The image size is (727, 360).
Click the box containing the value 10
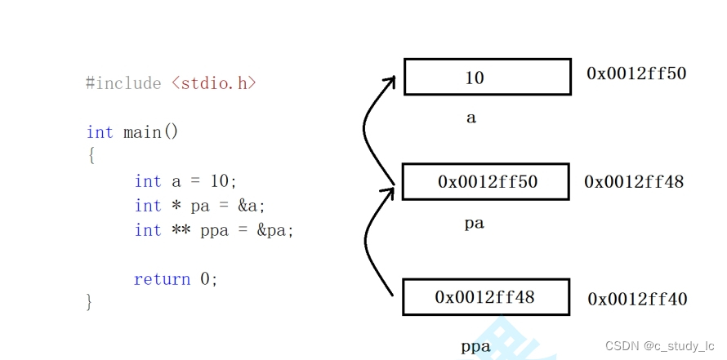coord(487,77)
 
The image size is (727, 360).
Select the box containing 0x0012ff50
coord(487,181)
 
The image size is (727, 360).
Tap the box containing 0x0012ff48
coord(485,297)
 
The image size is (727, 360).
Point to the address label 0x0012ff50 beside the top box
coord(636,73)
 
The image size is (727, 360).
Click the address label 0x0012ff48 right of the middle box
coord(634,181)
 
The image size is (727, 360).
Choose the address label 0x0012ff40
coord(637,300)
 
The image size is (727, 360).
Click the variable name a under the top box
coord(471,118)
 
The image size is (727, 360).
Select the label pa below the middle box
coord(475,223)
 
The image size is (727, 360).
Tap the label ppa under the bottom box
coord(476,347)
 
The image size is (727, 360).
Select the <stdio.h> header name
coord(214,83)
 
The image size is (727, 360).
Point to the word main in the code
coord(142,131)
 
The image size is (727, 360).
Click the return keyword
coord(162,279)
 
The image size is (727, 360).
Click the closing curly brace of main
coord(90,302)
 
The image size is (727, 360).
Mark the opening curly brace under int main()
coord(91,155)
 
